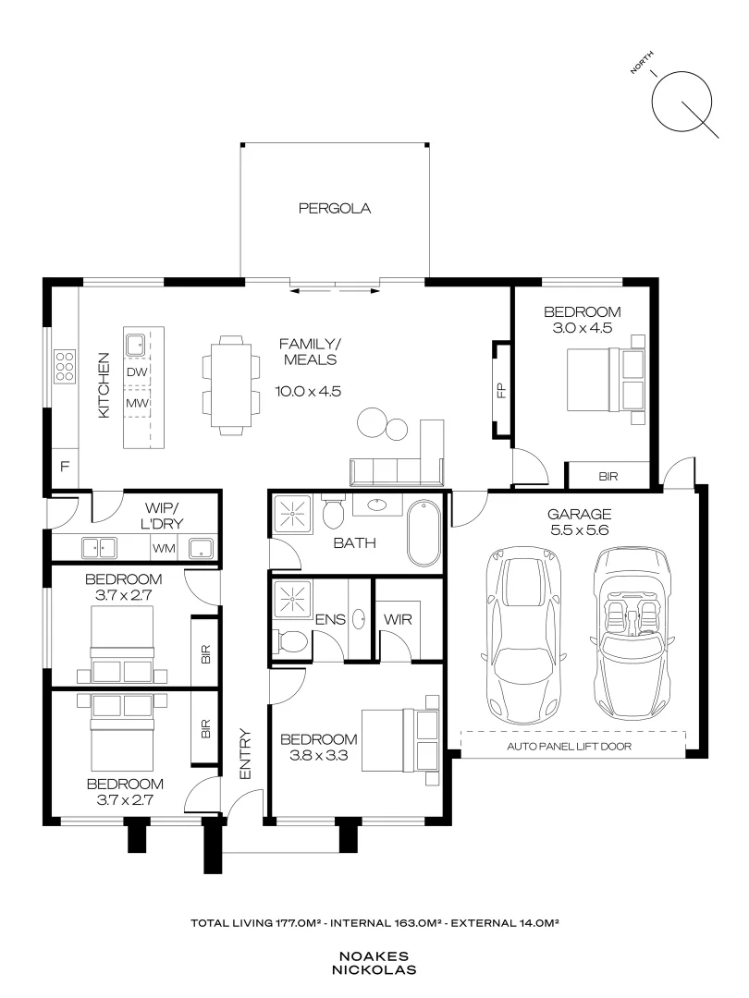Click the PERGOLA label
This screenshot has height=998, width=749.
(334, 209)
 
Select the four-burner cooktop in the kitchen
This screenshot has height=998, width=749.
(64, 366)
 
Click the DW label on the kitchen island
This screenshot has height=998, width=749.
(138, 371)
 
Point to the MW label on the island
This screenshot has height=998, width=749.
(138, 404)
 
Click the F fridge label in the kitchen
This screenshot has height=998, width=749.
(65, 467)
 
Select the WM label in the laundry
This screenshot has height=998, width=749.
(164, 549)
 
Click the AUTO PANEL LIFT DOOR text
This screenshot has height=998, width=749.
(569, 746)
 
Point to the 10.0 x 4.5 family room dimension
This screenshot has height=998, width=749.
(308, 391)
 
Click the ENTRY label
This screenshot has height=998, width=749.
(246, 755)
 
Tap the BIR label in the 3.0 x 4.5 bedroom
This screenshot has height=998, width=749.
(608, 477)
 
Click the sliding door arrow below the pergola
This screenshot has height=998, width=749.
(334, 291)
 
